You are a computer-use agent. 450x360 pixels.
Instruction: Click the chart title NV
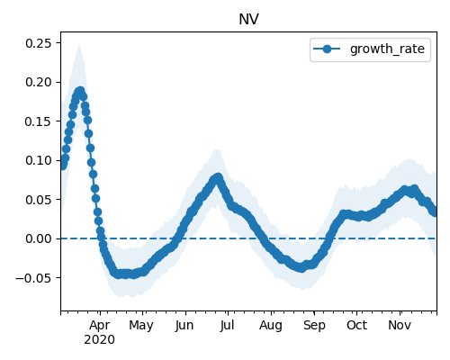tap(248, 20)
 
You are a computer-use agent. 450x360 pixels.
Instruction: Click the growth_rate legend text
tap(387, 49)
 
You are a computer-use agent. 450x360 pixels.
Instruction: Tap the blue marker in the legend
tap(327, 49)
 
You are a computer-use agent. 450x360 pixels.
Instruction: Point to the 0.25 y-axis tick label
tap(39, 43)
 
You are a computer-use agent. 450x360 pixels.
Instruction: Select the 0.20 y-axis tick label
tap(39, 82)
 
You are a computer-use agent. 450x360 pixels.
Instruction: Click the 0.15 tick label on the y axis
tap(39, 121)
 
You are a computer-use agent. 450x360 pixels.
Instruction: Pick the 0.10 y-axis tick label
tap(39, 160)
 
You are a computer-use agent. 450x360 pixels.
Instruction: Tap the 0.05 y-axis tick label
tap(39, 200)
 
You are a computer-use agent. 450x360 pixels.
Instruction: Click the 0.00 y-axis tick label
tap(39, 238)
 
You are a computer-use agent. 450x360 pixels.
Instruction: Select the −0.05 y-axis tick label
tap(34, 278)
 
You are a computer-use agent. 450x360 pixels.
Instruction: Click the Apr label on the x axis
tap(100, 326)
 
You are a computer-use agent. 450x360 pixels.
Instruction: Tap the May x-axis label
tap(141, 326)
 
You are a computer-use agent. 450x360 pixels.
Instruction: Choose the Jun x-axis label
tap(184, 326)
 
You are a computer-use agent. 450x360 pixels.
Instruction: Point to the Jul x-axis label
tap(227, 326)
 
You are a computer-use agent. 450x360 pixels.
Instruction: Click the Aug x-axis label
tap(271, 326)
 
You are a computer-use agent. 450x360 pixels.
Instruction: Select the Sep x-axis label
tap(314, 326)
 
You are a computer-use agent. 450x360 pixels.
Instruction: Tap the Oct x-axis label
tap(357, 326)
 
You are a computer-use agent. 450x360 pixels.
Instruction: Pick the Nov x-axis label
tap(400, 326)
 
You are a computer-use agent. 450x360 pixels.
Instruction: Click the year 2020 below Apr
tap(100, 340)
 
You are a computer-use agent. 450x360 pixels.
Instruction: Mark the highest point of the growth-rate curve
tap(80, 91)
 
